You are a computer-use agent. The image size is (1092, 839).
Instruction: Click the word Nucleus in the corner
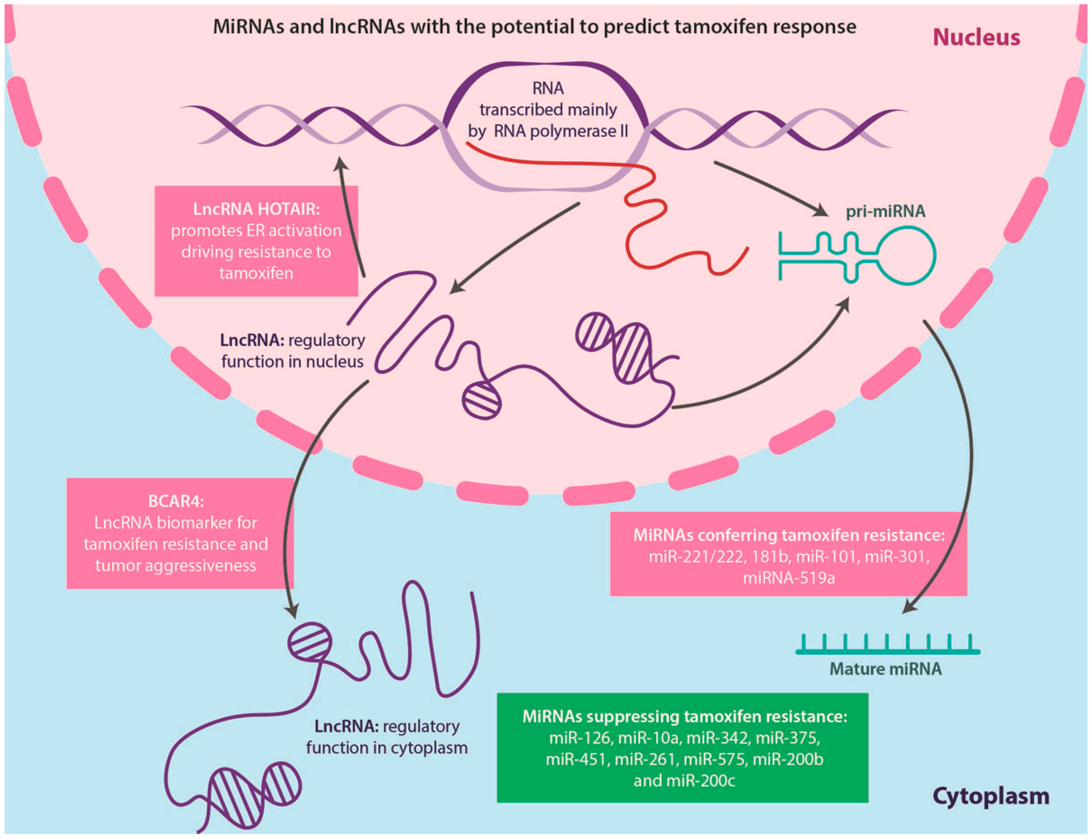point(976,38)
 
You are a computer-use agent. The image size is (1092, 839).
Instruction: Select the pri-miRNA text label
point(885,211)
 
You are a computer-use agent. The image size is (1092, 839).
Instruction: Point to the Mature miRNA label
point(885,669)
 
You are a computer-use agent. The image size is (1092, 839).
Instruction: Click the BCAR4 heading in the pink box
point(176,501)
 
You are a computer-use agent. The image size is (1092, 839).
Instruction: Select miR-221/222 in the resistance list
point(696,556)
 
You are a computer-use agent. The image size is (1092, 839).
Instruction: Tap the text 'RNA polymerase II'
point(561,131)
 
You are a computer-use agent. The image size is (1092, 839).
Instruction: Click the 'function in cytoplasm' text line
point(387,748)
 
